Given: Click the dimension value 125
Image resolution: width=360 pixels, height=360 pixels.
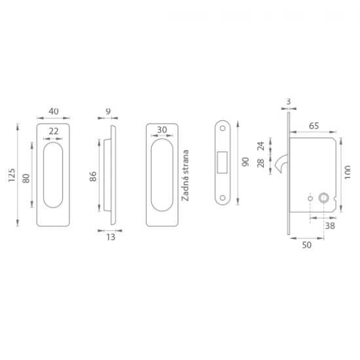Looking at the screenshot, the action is [x=12, y=175].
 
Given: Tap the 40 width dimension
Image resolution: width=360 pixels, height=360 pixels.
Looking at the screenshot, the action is [x=54, y=111].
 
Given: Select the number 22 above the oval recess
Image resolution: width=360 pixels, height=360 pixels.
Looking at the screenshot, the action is [x=54, y=132].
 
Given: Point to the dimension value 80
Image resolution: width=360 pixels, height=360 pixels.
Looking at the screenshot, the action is [x=26, y=179].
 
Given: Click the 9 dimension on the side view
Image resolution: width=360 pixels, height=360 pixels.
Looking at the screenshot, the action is [x=108, y=111].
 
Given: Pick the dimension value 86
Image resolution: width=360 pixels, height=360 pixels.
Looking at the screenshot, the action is [x=93, y=177].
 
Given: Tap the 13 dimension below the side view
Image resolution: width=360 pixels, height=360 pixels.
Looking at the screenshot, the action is [x=111, y=237].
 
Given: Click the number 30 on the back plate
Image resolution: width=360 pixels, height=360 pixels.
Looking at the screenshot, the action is [x=162, y=130].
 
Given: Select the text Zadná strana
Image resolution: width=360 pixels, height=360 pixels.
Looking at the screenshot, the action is [x=185, y=175].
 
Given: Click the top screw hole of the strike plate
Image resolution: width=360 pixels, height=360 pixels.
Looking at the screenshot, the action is [x=223, y=128].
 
